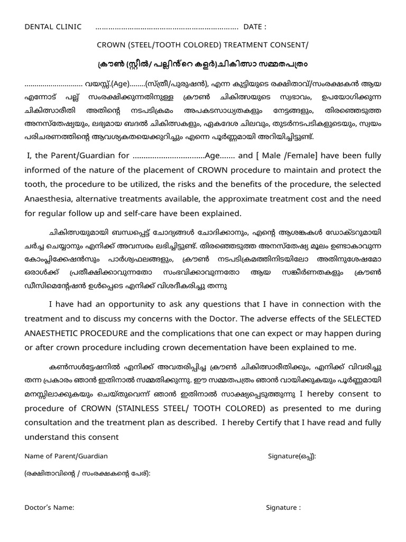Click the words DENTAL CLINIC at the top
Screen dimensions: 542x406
[x=53, y=27]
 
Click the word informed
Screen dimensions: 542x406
[x=44, y=170]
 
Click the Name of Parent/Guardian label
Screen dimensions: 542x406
[x=66, y=456]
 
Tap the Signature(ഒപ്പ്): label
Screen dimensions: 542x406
[x=292, y=456]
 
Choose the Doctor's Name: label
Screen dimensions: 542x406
[x=49, y=507]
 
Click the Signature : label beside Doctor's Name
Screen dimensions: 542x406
[x=283, y=507]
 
